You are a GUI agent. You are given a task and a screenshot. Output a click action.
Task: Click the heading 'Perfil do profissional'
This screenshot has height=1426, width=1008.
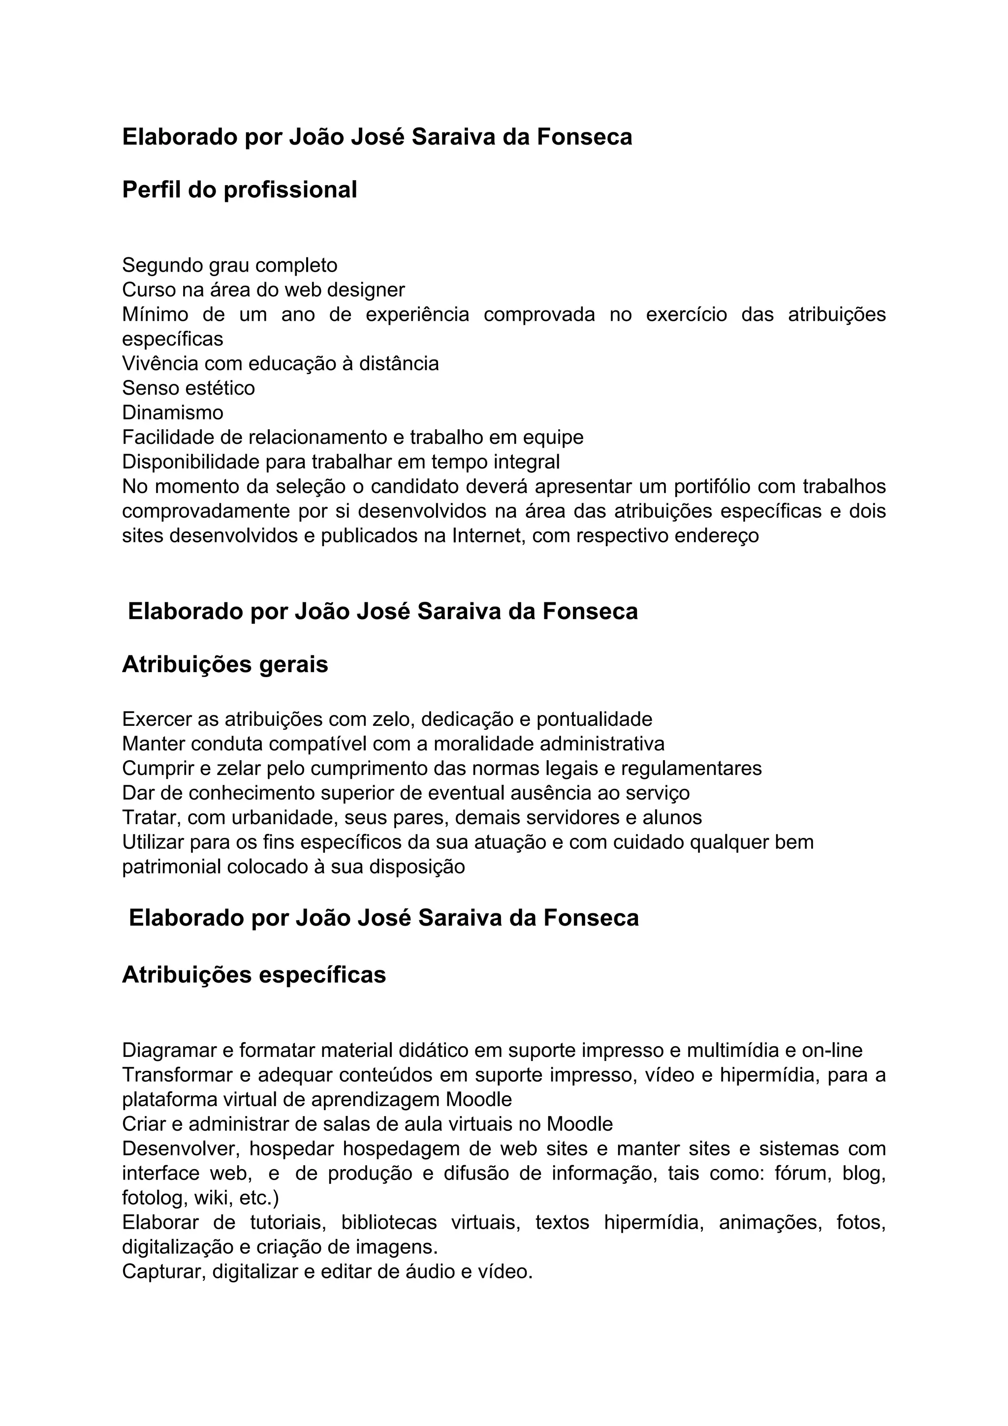coord(239,189)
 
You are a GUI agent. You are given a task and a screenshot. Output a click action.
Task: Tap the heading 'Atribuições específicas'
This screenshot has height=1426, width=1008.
coord(253,974)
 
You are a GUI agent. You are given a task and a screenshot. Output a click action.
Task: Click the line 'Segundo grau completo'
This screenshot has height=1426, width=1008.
coord(230,265)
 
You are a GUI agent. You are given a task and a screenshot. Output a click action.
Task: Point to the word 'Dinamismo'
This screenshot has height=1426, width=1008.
coord(173,412)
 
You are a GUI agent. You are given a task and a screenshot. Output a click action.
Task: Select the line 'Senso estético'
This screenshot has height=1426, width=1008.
coord(188,388)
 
